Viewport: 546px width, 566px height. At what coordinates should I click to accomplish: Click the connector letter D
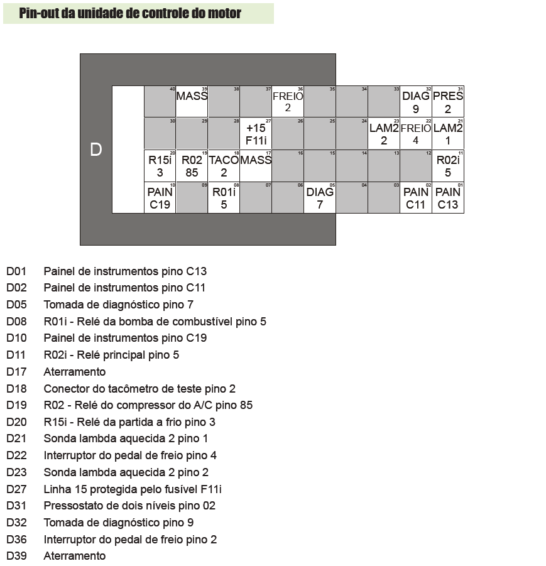tap(96, 150)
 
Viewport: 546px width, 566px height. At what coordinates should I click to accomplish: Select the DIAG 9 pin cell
tap(416, 102)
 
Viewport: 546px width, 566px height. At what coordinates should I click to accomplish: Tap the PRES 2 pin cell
tap(448, 102)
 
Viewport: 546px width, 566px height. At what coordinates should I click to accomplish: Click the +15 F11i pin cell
tap(256, 134)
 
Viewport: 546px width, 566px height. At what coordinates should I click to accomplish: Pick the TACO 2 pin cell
tap(224, 166)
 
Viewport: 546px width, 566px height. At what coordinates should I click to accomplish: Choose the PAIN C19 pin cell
tap(160, 198)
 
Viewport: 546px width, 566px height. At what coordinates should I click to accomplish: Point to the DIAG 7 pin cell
tap(320, 198)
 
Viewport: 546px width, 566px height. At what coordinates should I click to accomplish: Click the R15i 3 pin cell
tap(160, 166)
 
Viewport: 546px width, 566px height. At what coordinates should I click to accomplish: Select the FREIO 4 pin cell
tap(416, 134)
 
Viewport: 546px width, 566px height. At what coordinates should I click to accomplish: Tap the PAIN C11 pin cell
tap(416, 198)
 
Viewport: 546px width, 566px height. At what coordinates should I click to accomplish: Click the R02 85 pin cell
tap(192, 166)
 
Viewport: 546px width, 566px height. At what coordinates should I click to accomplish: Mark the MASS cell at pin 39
tap(192, 102)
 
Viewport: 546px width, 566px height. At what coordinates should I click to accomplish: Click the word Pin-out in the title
tap(39, 13)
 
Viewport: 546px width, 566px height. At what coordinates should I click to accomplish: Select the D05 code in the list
tap(16, 305)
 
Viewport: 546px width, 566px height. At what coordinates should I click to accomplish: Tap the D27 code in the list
tap(16, 489)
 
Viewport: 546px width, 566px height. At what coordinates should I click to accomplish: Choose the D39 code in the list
tap(16, 556)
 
